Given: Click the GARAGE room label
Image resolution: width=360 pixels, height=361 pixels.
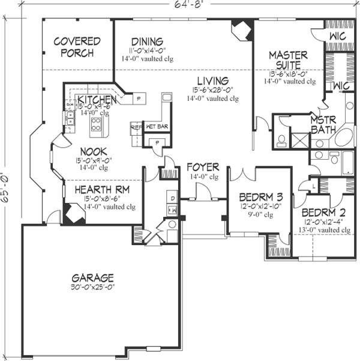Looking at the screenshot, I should (92, 278).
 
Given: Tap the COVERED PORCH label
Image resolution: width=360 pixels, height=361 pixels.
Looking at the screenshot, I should (77, 47).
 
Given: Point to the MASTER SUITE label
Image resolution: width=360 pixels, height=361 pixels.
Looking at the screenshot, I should (288, 60).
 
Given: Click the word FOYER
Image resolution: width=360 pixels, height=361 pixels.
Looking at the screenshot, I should (202, 166).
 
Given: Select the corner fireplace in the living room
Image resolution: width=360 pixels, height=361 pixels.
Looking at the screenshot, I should (242, 30).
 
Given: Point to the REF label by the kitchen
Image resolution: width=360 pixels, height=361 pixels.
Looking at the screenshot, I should (136, 127).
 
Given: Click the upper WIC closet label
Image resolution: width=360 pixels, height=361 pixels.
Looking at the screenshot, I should (340, 38).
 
